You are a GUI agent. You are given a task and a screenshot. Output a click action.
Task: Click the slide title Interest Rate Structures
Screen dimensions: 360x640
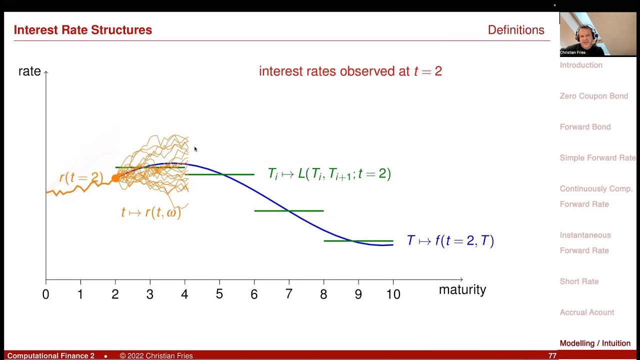83,30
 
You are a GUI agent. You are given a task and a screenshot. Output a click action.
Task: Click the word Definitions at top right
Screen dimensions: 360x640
515,30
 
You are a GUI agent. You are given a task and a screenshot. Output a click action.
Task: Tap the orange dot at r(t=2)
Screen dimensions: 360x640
115,178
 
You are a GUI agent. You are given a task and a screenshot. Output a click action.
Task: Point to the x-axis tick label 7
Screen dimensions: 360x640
288,294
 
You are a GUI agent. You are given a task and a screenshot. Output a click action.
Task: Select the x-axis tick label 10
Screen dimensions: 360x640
393,294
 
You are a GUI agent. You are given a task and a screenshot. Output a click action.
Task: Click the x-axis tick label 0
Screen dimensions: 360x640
45,294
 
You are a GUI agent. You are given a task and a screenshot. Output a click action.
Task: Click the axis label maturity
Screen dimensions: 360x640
462,289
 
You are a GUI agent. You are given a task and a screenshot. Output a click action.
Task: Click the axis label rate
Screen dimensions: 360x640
29,71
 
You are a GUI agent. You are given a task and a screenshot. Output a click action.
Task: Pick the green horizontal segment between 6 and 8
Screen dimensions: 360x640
289,210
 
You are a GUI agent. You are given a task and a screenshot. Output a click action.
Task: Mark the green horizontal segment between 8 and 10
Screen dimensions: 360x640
358,241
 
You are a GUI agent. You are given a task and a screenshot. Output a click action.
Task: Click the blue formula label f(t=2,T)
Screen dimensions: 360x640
450,241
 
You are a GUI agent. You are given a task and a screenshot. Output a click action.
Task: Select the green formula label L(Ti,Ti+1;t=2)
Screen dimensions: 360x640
329,174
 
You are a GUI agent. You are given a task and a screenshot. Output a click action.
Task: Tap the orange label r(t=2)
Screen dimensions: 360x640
81,177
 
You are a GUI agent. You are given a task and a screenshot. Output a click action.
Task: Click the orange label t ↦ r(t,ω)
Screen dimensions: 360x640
151,212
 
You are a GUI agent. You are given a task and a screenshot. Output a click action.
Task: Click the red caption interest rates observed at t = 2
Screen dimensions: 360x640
350,71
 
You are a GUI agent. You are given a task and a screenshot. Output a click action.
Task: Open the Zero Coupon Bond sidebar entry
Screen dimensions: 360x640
593,96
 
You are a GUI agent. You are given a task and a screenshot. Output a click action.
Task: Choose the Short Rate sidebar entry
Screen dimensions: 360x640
579,281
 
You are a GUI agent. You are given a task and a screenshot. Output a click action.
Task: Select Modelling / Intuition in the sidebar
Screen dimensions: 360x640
595,343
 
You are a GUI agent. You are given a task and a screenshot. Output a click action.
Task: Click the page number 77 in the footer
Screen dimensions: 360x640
552,355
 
